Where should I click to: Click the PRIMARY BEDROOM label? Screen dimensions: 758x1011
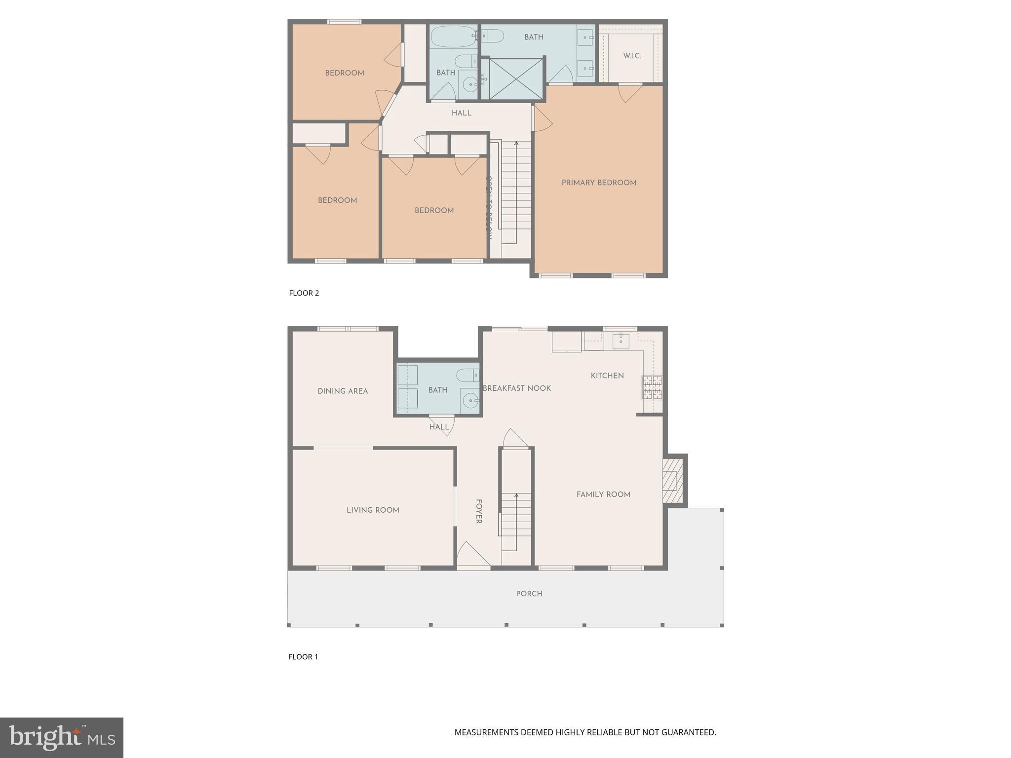[599, 183]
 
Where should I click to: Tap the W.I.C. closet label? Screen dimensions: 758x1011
[631, 56]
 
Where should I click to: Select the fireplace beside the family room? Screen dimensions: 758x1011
[672, 480]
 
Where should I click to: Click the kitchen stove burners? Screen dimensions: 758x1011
[652, 387]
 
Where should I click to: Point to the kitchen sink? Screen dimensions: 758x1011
[621, 341]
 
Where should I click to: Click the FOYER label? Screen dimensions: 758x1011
[478, 511]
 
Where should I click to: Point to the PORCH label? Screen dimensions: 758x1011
[529, 594]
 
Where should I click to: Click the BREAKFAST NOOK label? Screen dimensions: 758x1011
[516, 388]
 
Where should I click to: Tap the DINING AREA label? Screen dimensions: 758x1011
[343, 391]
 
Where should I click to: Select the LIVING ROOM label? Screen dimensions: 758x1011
[373, 510]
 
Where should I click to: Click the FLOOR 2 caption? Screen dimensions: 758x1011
[304, 293]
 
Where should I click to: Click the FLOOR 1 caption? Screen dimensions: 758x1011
[303, 657]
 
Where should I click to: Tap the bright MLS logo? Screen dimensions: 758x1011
[62, 737]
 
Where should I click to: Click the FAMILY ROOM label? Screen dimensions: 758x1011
[603, 494]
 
